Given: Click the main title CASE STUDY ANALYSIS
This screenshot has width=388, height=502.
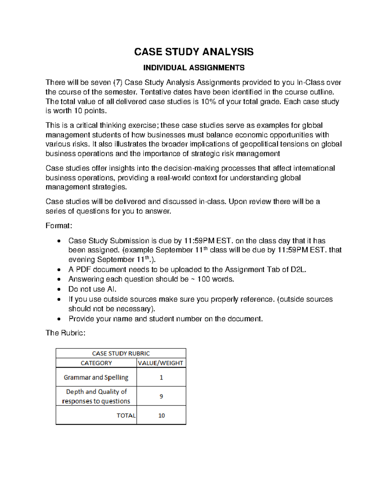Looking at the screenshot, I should point(194,52).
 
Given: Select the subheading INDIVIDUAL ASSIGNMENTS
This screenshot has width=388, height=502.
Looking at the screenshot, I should point(194,68).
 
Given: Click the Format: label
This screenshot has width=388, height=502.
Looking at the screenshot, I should point(59,226).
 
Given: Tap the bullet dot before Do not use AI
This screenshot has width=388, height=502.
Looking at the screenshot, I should point(59,289).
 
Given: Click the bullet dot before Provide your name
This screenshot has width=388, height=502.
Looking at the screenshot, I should point(59,319).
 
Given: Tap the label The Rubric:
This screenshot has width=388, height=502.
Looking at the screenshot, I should point(65,333).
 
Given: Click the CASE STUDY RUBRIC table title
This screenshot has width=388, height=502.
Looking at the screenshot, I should point(121,353).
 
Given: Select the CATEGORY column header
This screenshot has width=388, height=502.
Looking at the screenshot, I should point(96,363).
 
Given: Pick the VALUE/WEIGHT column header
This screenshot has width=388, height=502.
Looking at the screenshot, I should point(161,363).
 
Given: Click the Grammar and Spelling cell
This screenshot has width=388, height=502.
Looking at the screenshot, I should point(96,377).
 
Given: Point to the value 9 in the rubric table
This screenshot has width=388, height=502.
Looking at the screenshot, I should point(161,396).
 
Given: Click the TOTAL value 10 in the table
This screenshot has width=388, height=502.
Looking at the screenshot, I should point(161,416).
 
